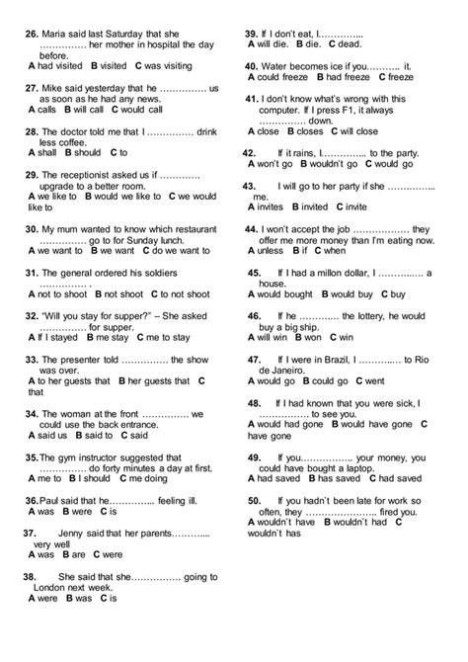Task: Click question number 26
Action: (34, 33)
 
